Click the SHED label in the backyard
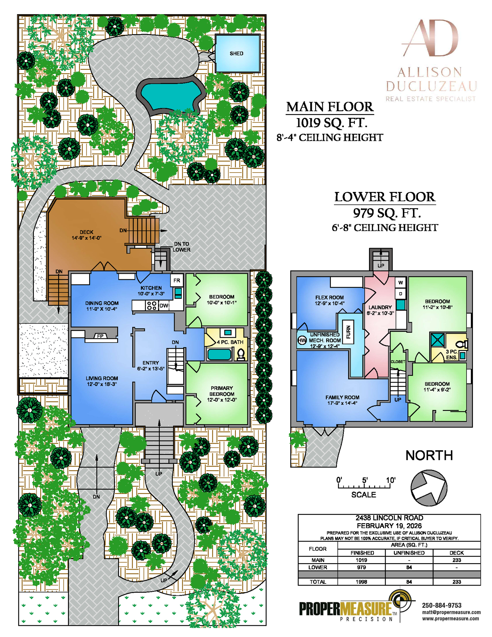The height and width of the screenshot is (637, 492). tap(236, 54)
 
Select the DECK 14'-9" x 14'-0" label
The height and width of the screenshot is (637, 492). tap(86, 235)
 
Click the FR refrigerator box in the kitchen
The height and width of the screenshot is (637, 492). tap(177, 281)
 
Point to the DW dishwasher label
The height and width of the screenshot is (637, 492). tap(164, 306)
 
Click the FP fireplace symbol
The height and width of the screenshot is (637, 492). tap(100, 336)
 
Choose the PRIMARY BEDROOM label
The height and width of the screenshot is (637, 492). tap(222, 391)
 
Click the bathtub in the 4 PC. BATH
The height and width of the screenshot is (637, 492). tap(219, 354)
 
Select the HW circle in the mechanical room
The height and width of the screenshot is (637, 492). tap(302, 340)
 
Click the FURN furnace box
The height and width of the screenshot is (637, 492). tap(348, 332)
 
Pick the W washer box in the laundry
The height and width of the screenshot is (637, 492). tap(400, 282)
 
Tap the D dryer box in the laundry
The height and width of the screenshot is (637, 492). tap(400, 294)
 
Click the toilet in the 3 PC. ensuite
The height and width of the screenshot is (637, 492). tap(462, 344)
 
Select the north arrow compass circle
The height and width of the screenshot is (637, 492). tap(429, 488)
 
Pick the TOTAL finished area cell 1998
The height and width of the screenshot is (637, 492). tap(361, 582)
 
